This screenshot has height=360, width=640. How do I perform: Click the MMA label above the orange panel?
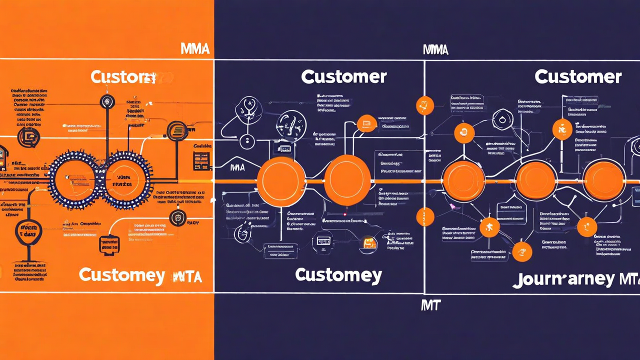point(194,49)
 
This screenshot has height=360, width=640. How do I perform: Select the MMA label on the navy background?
point(435,49)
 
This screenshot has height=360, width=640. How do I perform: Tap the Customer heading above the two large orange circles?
point(343,76)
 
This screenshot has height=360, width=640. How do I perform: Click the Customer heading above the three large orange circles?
point(577,76)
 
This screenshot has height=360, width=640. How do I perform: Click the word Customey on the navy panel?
point(338,274)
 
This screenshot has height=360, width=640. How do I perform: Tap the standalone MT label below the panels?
point(430,304)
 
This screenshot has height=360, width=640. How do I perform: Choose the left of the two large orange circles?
point(281,181)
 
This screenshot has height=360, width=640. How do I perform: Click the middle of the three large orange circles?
point(535,180)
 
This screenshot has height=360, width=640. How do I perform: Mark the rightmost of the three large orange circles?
point(603,180)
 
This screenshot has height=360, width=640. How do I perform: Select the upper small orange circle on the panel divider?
point(424,105)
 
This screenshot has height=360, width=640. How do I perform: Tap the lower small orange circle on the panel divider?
point(424,217)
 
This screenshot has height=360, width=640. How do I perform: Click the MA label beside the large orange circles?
point(237,167)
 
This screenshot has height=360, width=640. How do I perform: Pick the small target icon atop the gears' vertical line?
point(107,101)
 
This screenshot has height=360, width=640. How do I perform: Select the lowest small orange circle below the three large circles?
point(522,251)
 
